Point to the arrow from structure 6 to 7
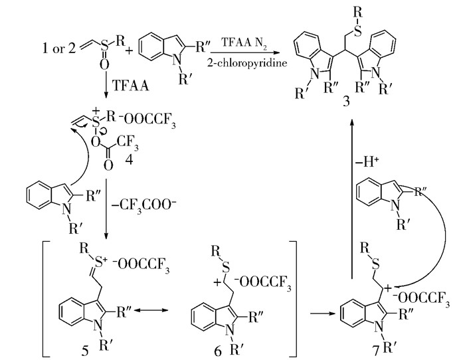pos(318,310)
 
